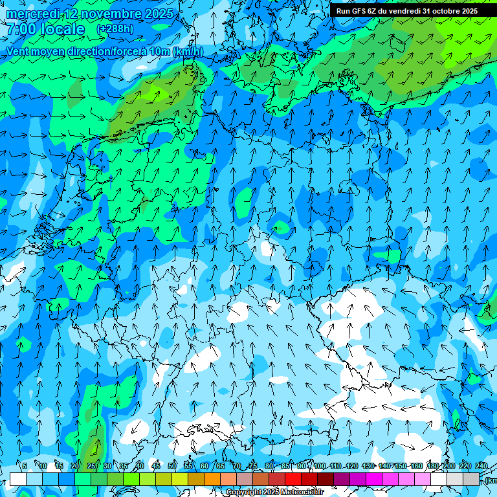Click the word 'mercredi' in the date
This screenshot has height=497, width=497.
tap(34, 14)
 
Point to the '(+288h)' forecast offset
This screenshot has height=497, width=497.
tap(115, 29)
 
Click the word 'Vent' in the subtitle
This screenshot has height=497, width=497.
tap(18, 52)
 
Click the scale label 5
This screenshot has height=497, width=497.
tap(25, 466)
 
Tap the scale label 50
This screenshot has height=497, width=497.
tap(171, 466)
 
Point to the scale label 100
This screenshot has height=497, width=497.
tap(319, 466)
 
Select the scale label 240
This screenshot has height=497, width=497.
tap(481, 466)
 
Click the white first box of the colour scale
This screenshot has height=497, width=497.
tap(17, 479)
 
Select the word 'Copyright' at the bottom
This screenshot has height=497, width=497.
tap(245, 492)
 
